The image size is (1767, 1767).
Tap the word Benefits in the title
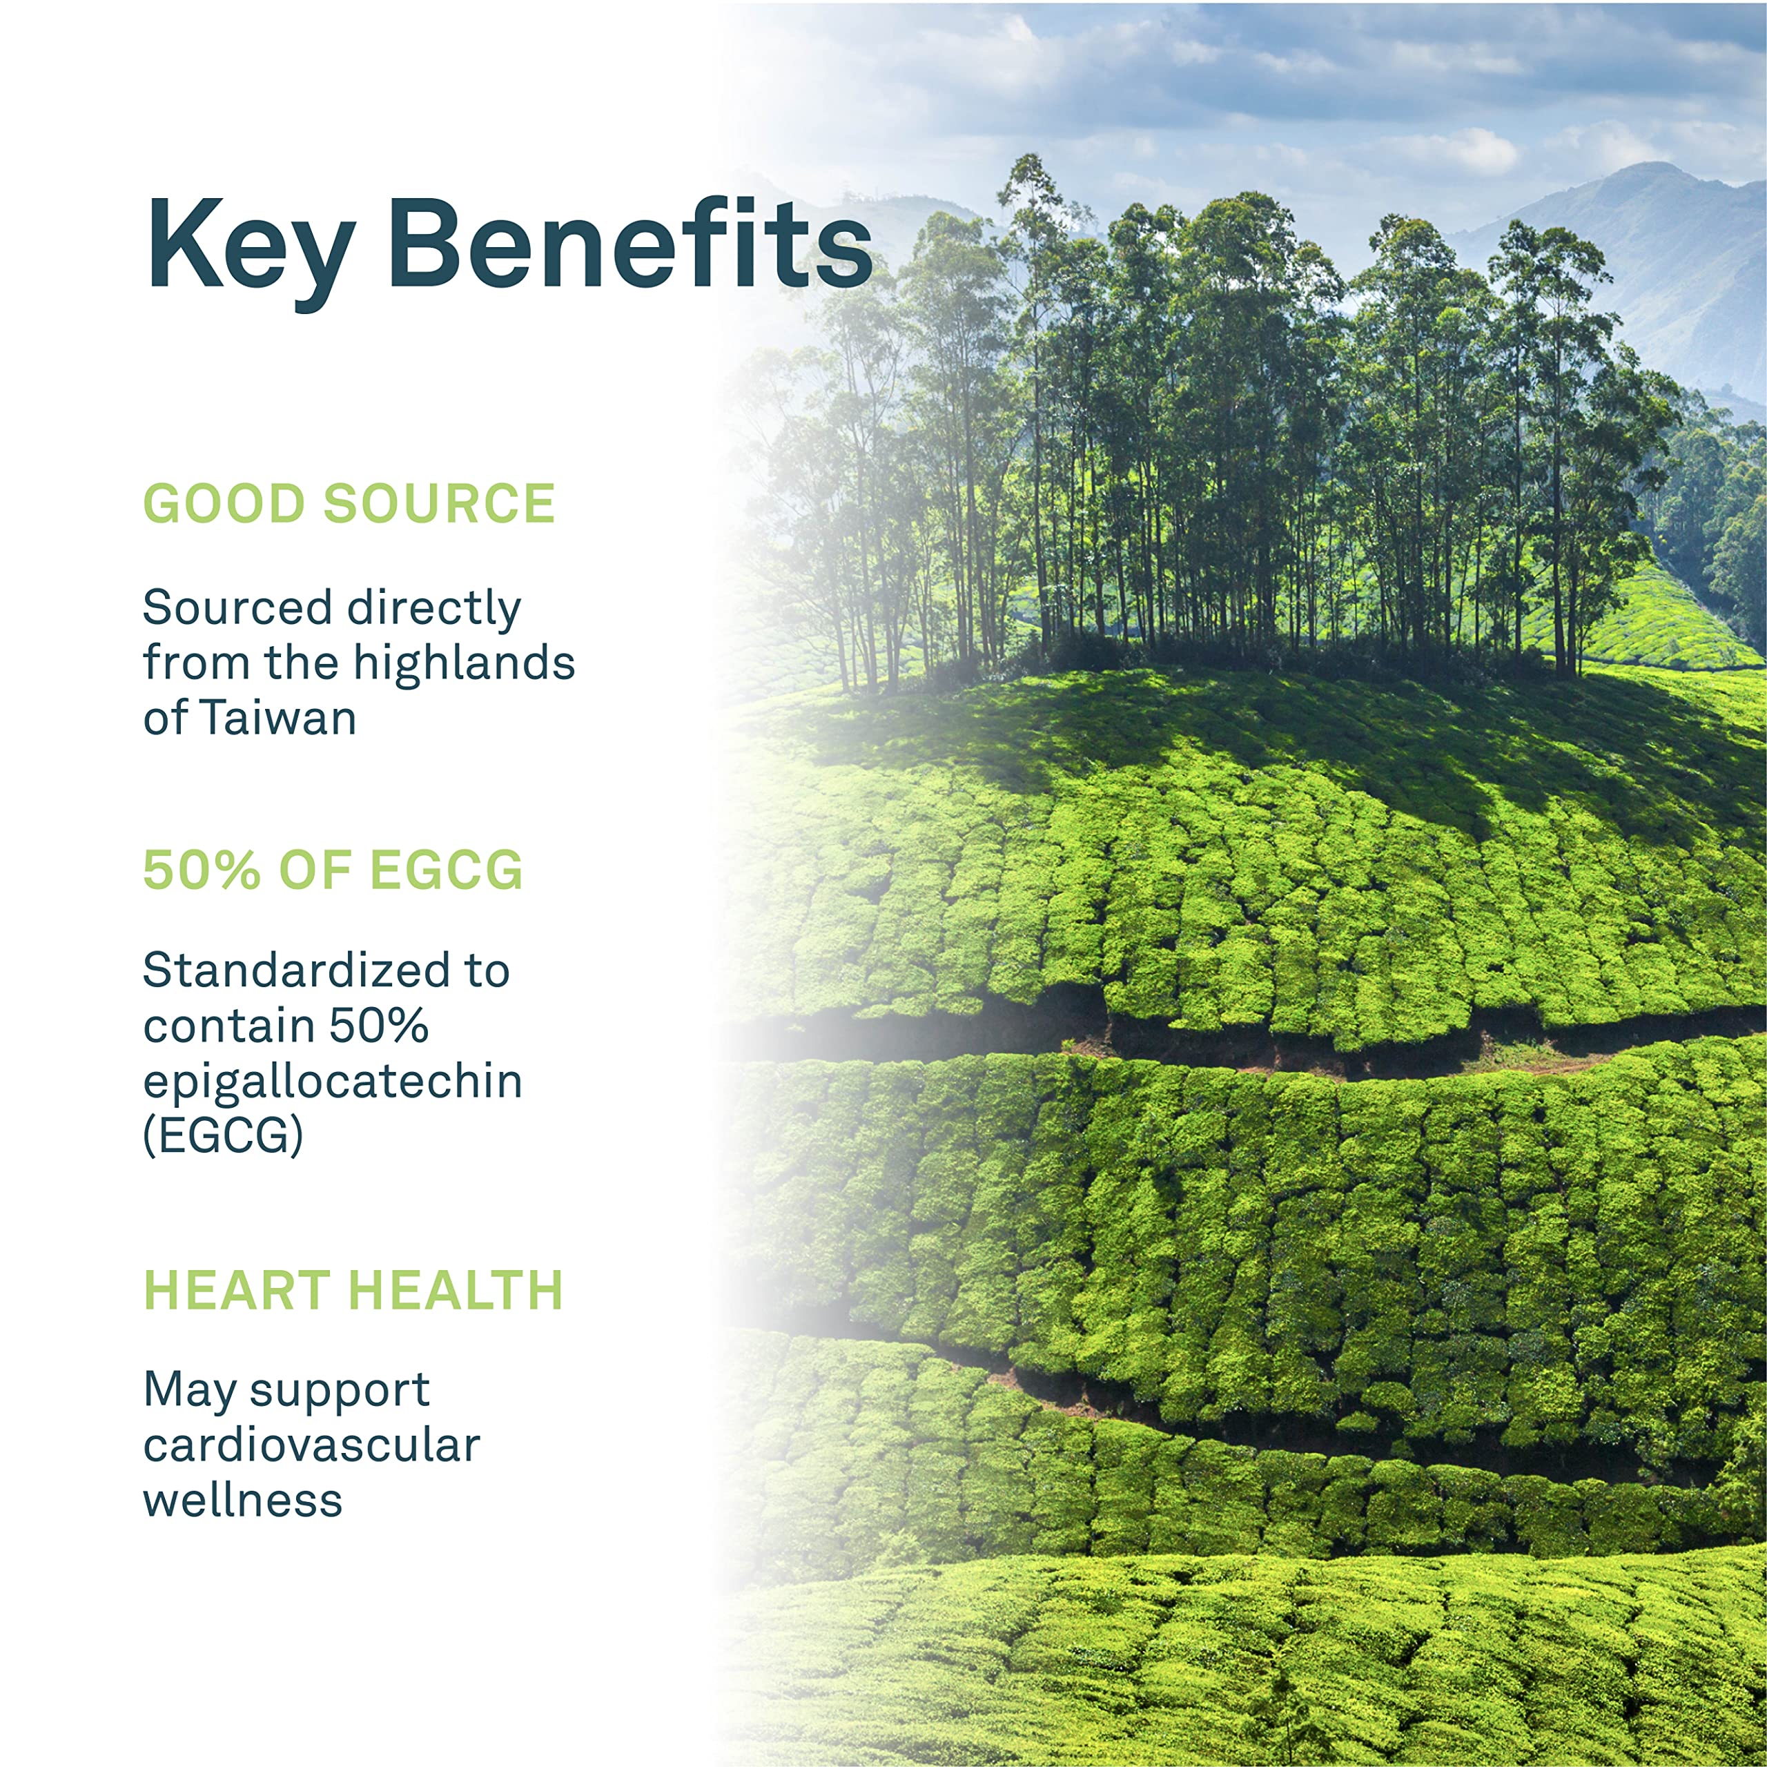click(x=630, y=242)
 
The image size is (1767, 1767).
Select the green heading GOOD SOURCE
click(x=349, y=503)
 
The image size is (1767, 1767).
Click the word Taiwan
click(x=278, y=718)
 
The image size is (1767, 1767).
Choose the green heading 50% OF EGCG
click(x=333, y=869)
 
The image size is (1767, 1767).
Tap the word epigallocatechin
click(x=333, y=1081)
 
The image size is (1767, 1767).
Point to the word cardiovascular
click(x=312, y=1445)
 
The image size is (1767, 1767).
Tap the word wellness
click(x=243, y=1500)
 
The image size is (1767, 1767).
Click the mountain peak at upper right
click(x=1652, y=166)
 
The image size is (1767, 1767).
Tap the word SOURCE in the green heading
click(x=440, y=503)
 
